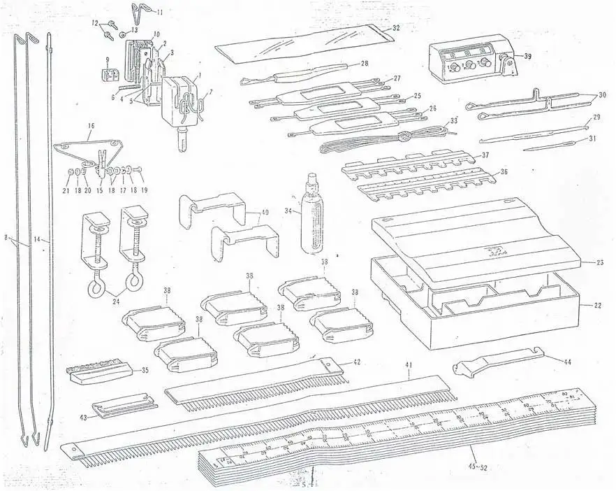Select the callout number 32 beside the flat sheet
point(395,28)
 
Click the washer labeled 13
point(123,32)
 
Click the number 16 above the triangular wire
point(91,127)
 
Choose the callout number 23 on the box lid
point(590,263)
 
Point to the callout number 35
point(145,370)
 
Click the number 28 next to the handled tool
point(364,64)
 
